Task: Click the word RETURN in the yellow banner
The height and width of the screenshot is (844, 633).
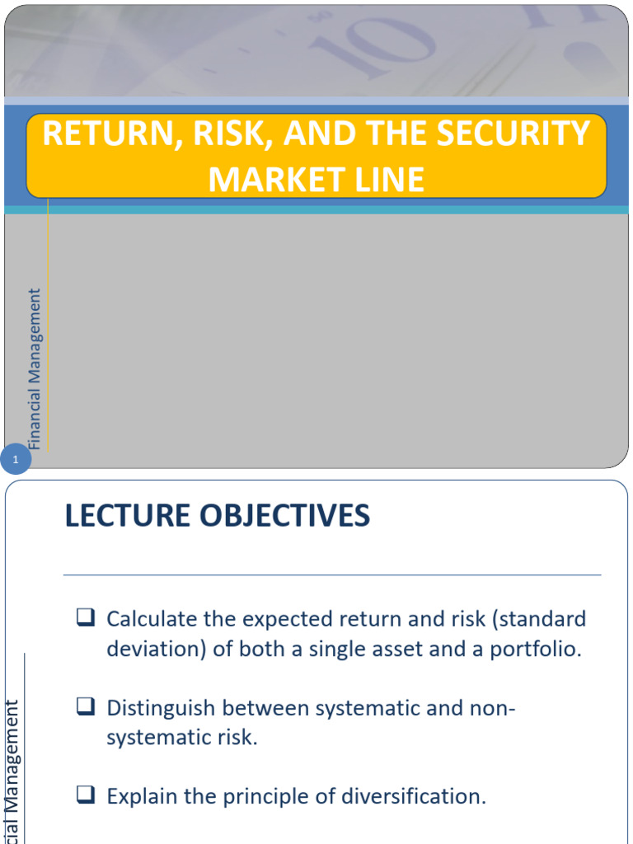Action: click(x=105, y=134)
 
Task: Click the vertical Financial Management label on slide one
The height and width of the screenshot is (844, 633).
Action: click(x=35, y=368)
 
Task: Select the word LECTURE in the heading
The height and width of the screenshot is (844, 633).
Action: click(x=132, y=517)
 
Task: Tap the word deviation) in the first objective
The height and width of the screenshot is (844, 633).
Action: click(x=156, y=649)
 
